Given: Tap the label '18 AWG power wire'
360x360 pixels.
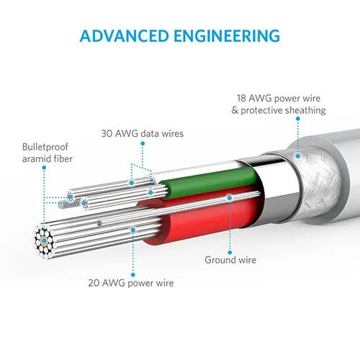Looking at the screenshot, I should [x=282, y=98].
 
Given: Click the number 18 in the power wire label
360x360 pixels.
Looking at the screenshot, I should [x=243, y=98].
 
